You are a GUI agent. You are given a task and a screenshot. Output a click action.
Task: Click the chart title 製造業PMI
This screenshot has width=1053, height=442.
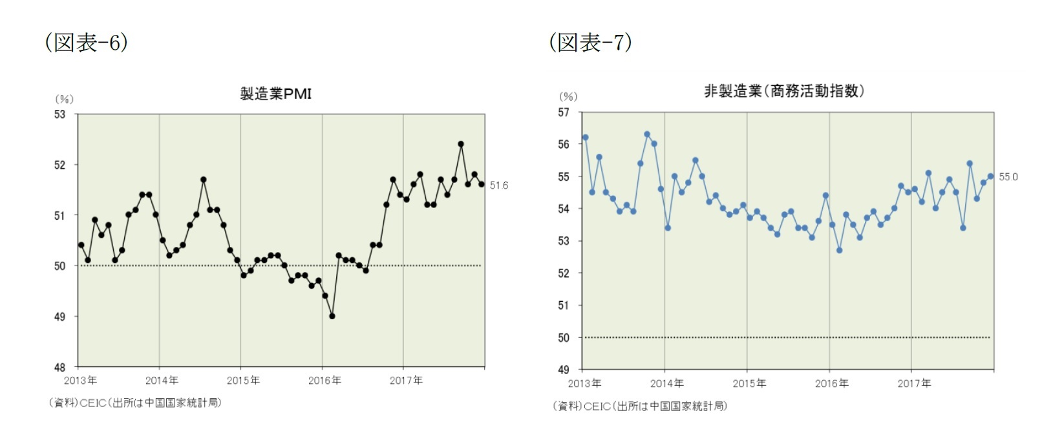tap(276, 94)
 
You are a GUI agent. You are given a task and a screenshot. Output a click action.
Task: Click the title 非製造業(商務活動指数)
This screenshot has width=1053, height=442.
tap(783, 91)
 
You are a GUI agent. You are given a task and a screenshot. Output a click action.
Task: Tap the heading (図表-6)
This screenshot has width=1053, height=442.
tap(86, 43)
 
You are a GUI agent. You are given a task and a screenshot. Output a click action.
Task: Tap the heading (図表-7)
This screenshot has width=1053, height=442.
tap(590, 43)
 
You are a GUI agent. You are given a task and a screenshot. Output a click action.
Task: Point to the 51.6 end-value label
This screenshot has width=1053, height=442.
tap(498, 185)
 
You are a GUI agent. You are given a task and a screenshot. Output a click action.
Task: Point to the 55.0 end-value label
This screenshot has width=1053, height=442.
tap(1008, 177)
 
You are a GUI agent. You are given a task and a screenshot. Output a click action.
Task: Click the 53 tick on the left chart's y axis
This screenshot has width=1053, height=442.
tap(59, 114)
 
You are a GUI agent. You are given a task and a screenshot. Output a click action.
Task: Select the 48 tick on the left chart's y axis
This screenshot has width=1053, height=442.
tap(59, 367)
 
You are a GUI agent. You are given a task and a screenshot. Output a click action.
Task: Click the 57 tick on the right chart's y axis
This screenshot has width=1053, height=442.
tap(564, 112)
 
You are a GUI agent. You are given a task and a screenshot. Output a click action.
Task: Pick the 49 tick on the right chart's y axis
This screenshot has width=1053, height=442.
tap(564, 370)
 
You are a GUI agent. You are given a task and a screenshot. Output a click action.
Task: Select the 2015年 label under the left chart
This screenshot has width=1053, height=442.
tap(243, 381)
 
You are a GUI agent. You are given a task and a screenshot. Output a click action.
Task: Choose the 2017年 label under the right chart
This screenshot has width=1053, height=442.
tap(914, 384)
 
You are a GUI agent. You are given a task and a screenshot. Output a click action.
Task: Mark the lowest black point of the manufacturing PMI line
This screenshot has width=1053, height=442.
tap(332, 316)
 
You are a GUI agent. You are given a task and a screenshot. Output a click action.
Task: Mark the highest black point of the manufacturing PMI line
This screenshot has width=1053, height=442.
tap(461, 144)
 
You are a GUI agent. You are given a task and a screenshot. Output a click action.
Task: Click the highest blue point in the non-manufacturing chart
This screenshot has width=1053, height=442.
tap(647, 134)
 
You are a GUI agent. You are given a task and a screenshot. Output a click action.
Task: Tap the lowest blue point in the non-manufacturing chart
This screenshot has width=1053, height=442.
tap(839, 250)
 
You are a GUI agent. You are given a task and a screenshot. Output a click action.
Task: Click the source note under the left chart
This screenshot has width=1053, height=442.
tap(135, 403)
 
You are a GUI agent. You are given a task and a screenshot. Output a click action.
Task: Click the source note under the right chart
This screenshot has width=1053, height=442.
tap(640, 406)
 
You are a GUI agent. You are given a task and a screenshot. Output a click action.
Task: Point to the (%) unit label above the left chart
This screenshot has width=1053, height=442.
tap(64, 99)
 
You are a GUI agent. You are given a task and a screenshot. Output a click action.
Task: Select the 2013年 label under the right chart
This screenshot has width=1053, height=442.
tap(584, 384)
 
